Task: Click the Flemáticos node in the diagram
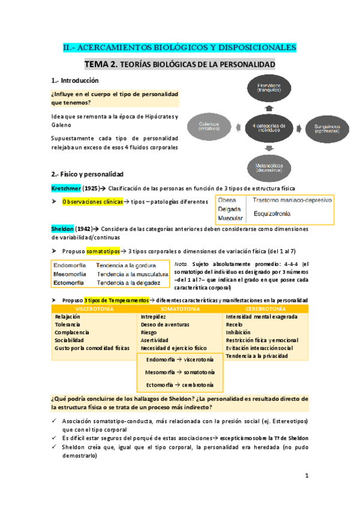click(268, 87)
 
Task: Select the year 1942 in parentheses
click(85, 228)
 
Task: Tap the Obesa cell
click(227, 200)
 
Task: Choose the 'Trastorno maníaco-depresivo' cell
click(292, 200)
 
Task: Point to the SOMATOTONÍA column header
click(180, 309)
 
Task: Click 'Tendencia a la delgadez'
click(128, 283)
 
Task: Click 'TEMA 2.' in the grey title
click(102, 64)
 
